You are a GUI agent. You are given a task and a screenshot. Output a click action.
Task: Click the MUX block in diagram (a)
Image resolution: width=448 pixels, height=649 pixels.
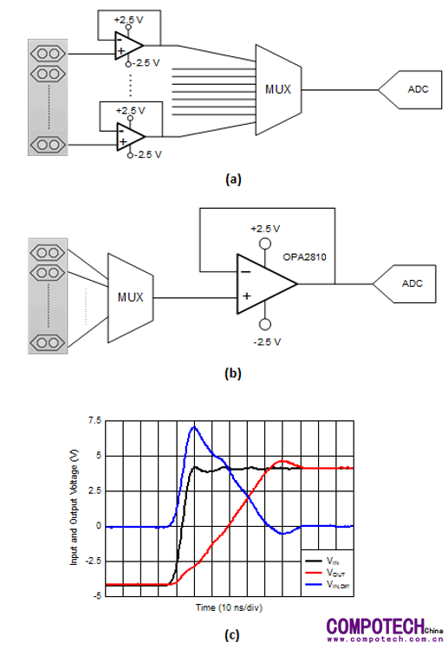[278, 89]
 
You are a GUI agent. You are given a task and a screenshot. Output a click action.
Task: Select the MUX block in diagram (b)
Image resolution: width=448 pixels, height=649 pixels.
[131, 297]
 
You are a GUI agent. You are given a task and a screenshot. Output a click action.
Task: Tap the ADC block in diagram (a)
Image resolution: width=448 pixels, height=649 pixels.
[411, 89]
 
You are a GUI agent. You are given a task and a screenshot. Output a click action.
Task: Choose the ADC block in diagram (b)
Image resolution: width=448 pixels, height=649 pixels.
[405, 284]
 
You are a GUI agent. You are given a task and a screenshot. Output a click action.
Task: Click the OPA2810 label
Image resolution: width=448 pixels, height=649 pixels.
[304, 257]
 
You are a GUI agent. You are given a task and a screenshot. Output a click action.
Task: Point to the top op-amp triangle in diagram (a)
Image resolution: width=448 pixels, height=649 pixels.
[129, 46]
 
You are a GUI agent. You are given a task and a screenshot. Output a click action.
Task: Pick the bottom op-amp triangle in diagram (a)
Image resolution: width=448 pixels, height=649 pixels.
[131, 137]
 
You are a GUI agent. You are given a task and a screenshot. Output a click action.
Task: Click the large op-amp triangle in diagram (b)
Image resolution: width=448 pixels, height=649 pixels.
[267, 284]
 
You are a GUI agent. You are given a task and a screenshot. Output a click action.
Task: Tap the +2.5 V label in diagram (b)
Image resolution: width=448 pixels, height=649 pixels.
[265, 229]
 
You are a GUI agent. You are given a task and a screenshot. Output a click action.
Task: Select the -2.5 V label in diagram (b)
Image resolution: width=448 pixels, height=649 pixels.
[267, 342]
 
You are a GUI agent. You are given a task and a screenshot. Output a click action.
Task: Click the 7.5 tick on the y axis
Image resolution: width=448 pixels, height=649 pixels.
[94, 420]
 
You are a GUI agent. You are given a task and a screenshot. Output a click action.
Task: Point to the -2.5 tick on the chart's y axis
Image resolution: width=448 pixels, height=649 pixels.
[94, 561]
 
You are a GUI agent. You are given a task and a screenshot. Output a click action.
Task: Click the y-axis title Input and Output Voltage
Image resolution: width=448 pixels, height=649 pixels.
[74, 508]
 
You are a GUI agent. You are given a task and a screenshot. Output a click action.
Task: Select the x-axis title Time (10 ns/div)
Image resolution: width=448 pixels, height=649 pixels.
[229, 607]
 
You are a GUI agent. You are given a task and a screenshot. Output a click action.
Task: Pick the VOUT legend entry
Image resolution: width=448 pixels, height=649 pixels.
[326, 573]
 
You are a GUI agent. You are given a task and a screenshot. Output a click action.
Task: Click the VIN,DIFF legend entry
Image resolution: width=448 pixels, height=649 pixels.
[328, 584]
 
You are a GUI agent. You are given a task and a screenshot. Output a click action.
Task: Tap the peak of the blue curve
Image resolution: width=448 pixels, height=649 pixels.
[194, 426]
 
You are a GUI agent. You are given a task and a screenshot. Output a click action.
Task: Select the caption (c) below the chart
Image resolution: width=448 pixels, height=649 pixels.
[232, 634]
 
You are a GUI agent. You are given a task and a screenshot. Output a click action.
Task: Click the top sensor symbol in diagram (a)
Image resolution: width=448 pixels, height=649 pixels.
[48, 54]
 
